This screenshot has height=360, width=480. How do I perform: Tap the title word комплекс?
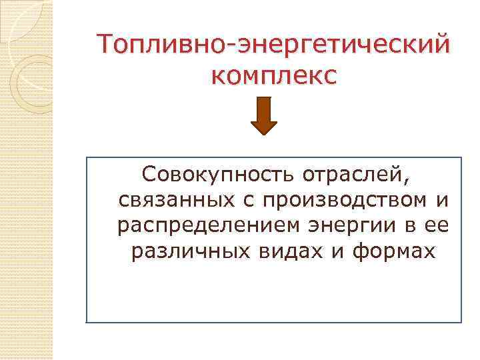pos(273,75)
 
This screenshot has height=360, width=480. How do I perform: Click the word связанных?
pos(173,200)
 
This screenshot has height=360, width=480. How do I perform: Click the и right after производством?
pos(441,201)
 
